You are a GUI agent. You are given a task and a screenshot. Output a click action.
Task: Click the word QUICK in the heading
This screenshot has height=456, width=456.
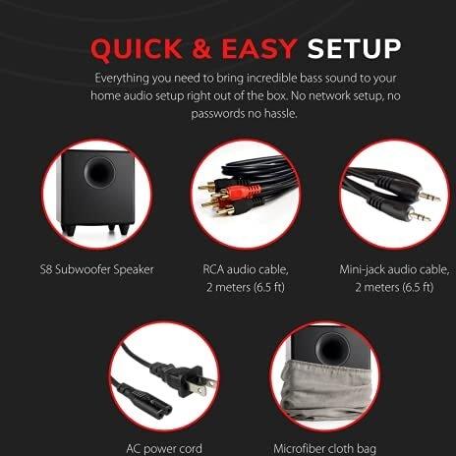click(136, 49)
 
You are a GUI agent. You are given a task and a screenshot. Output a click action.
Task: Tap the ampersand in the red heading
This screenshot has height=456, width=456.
click(201, 49)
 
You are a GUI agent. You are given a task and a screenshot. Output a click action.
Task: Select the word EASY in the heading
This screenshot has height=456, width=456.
click(259, 49)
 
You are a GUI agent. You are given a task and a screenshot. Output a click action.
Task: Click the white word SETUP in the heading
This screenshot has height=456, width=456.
click(354, 49)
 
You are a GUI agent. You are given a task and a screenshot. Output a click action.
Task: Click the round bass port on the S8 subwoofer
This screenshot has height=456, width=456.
click(99, 172)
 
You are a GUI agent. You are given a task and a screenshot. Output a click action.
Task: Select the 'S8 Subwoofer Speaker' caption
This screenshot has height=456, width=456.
click(96, 269)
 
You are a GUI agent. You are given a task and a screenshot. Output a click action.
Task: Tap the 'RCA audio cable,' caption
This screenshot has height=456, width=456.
click(246, 269)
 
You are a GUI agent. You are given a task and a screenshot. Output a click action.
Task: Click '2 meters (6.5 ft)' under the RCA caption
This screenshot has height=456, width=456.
click(246, 287)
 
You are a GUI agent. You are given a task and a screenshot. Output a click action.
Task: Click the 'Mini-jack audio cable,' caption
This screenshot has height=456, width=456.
click(394, 269)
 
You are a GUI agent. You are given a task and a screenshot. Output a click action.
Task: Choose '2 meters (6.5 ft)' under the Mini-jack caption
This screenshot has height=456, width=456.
click(394, 287)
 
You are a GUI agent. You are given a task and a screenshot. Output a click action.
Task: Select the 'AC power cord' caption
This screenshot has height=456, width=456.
click(164, 448)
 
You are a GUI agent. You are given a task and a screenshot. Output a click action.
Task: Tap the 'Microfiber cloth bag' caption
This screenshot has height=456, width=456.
click(324, 448)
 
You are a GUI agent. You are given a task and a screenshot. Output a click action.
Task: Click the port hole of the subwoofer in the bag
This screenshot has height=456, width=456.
click(332, 348)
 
